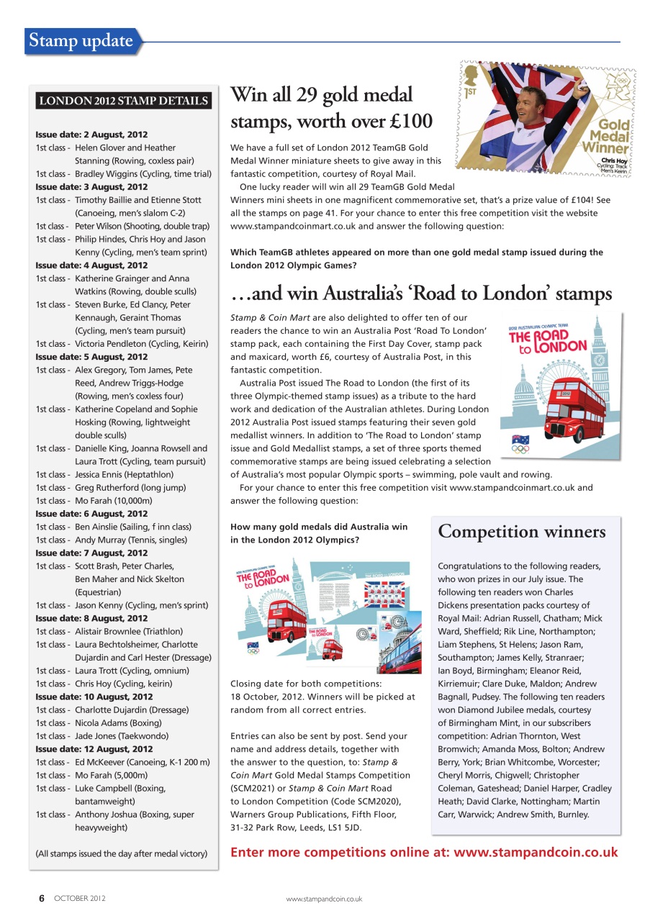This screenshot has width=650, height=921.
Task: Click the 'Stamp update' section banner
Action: tap(81, 41)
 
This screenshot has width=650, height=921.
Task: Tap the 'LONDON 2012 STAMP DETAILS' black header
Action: tap(123, 101)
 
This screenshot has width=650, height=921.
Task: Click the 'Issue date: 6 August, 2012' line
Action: tap(91, 514)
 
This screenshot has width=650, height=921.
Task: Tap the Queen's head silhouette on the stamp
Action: tap(472, 76)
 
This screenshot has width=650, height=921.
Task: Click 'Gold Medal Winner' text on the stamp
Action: tap(607, 137)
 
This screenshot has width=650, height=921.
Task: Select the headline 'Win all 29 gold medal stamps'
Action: tap(331, 107)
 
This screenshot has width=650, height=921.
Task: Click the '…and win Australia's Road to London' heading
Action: tap(421, 294)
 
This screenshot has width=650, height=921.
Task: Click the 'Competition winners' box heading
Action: tap(522, 532)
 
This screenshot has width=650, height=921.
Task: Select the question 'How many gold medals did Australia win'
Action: tap(318, 533)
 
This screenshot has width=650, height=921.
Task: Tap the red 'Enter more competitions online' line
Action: tap(423, 853)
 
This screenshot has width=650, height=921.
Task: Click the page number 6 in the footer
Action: tap(42, 898)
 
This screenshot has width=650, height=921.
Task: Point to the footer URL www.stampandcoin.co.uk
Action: tap(324, 899)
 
